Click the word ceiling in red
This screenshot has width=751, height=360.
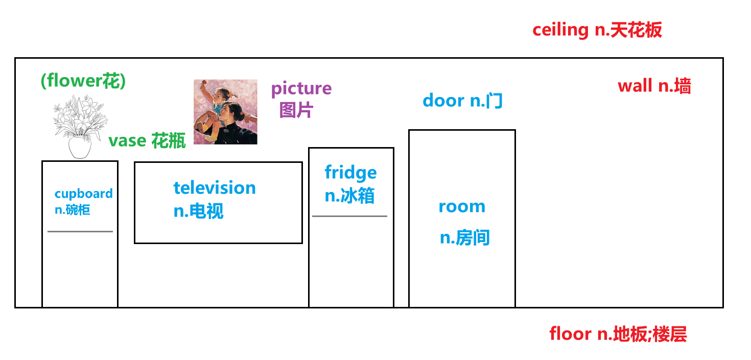(x=560, y=30)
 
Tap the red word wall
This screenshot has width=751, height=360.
(x=636, y=86)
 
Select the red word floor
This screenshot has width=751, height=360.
(x=570, y=334)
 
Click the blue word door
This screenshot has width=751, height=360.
(x=443, y=101)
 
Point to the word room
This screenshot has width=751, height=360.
(x=462, y=207)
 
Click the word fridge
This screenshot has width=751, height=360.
(x=350, y=173)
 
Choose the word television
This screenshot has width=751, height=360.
(x=215, y=188)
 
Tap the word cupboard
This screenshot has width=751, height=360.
(x=83, y=194)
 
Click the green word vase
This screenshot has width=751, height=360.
(x=127, y=141)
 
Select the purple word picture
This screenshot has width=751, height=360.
(x=301, y=89)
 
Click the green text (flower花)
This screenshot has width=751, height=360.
(x=83, y=81)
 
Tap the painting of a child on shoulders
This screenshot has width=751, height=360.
(x=225, y=112)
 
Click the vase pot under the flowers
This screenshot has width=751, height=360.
(x=80, y=147)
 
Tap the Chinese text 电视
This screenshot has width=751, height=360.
(x=206, y=211)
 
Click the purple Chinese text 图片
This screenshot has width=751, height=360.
(x=296, y=110)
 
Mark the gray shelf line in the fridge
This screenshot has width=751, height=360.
(x=349, y=216)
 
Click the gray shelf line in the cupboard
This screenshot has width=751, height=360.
(x=80, y=231)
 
